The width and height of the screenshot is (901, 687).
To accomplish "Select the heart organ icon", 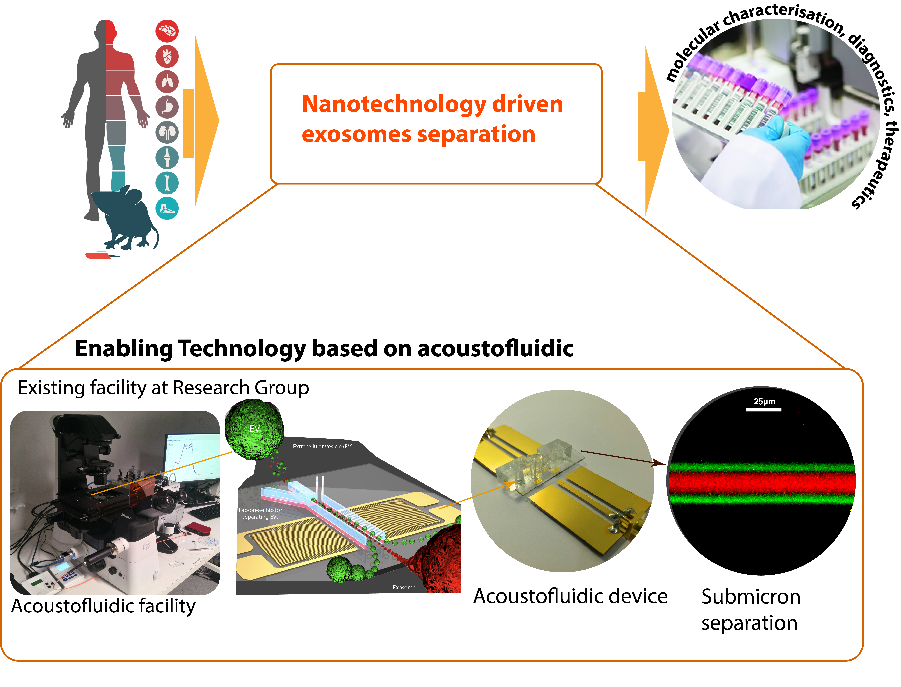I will (x=167, y=56).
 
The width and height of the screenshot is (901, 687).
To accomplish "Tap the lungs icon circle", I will (x=167, y=82).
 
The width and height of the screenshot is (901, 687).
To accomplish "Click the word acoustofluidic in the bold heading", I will (x=495, y=348).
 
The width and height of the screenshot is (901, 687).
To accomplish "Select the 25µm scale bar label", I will (x=764, y=402).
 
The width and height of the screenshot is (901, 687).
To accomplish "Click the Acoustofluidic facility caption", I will (x=103, y=606).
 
